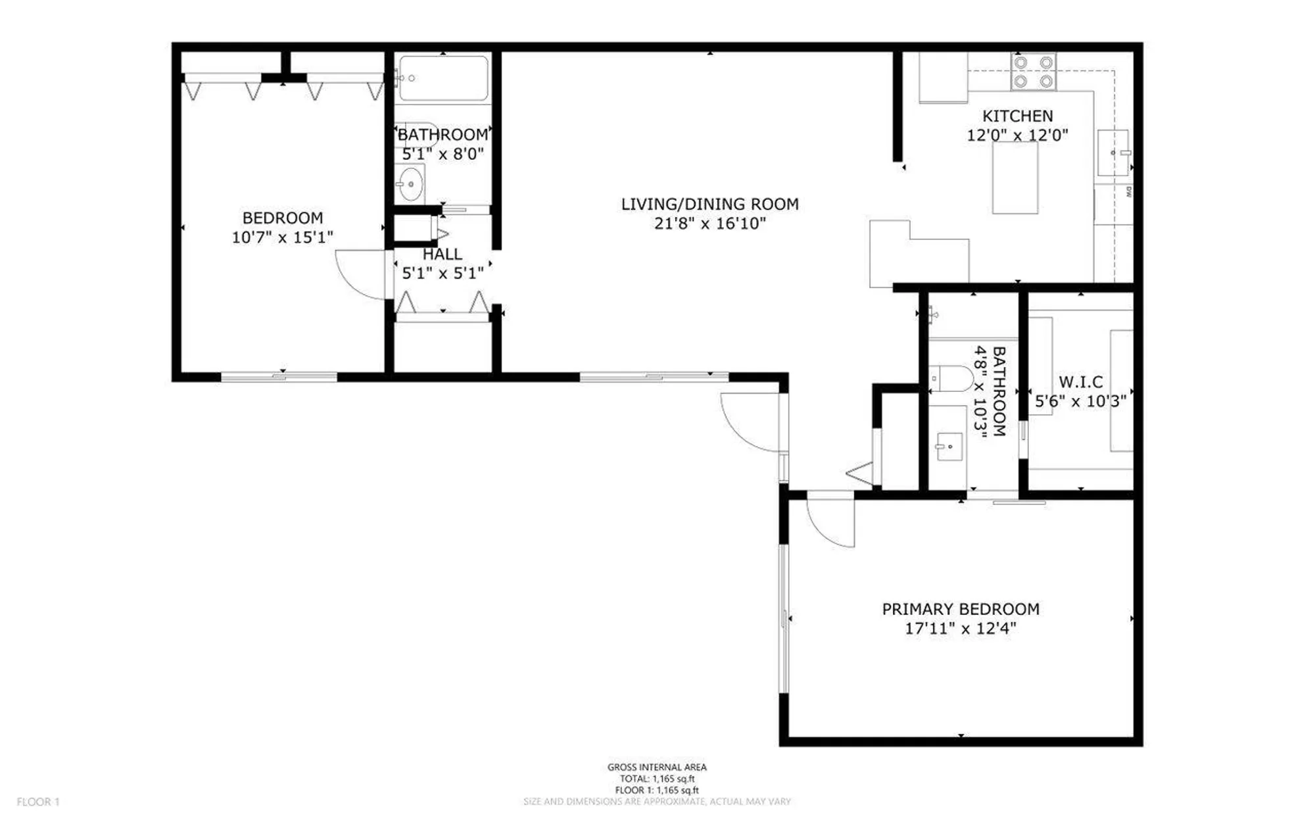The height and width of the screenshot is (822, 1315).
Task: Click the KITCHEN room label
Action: pyautogui.click(x=1017, y=116)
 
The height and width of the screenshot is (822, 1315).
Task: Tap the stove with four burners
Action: pyautogui.click(x=1033, y=72)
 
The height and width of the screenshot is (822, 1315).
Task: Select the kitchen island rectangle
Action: pyautogui.click(x=1015, y=178)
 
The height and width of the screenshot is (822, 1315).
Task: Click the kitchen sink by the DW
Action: pyautogui.click(x=1113, y=153)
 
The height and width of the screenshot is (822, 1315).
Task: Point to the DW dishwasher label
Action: pyautogui.click(x=1128, y=192)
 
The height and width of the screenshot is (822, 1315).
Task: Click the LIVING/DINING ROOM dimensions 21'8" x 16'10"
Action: pyautogui.click(x=709, y=224)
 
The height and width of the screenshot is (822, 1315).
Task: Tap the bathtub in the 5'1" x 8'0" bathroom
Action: pyautogui.click(x=444, y=78)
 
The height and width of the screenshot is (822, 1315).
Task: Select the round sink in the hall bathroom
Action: pyautogui.click(x=410, y=183)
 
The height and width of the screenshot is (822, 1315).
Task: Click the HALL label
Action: pyautogui.click(x=442, y=254)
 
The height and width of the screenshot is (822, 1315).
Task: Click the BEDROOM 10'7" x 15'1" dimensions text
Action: pyautogui.click(x=282, y=237)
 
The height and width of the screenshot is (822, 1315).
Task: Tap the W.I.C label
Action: pyautogui.click(x=1080, y=381)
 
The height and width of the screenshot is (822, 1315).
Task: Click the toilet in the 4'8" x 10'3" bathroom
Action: pyautogui.click(x=953, y=379)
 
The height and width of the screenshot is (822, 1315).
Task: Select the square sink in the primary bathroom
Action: pyautogui.click(x=949, y=447)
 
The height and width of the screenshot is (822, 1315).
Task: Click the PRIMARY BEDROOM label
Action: pyautogui.click(x=961, y=609)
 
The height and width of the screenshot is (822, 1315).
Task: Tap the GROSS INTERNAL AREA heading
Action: pyautogui.click(x=656, y=767)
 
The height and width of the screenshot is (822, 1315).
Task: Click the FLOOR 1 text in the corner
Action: pyautogui.click(x=38, y=802)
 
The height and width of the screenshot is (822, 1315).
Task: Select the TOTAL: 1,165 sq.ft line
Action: pyautogui.click(x=656, y=779)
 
